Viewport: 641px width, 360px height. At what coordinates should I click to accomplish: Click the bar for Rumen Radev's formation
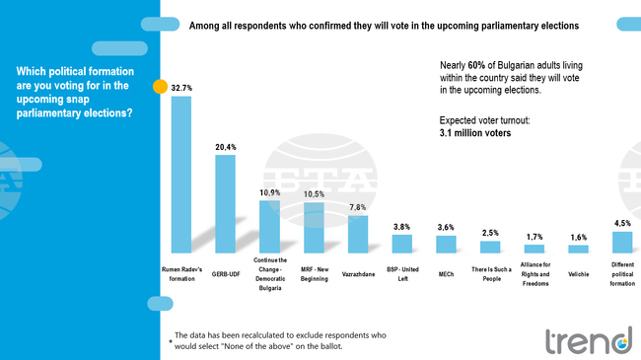[x=181, y=174]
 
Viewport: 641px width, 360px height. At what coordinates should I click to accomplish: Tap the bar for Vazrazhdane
[x=358, y=234]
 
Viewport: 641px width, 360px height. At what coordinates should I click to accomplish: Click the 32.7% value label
[x=181, y=88]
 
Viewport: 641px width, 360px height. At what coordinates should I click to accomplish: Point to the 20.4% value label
[x=226, y=147]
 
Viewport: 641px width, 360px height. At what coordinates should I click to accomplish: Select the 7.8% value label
[x=358, y=207]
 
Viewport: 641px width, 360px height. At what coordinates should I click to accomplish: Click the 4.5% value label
[x=622, y=223]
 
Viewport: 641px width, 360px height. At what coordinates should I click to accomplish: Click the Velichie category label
[x=579, y=273]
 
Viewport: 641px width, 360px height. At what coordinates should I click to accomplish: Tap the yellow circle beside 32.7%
[x=160, y=87]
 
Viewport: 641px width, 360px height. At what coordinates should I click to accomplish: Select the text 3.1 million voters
[x=474, y=131]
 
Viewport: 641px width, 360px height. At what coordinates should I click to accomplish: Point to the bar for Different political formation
[x=622, y=242]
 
